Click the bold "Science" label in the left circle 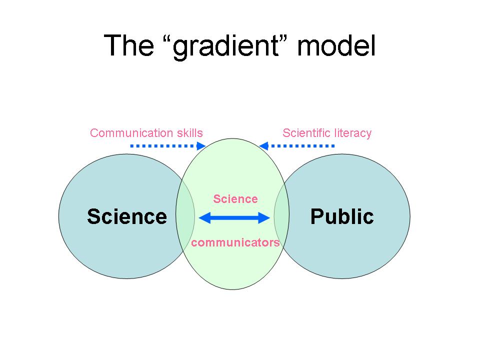click(x=126, y=216)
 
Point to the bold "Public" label click(x=342, y=216)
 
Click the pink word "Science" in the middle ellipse click(x=235, y=199)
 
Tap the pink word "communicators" click(x=235, y=243)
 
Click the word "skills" click(x=188, y=133)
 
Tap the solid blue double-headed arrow click(x=235, y=217)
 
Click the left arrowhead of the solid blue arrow click(x=203, y=217)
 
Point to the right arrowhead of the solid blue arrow click(x=266, y=217)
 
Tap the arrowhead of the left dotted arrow click(x=201, y=146)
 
